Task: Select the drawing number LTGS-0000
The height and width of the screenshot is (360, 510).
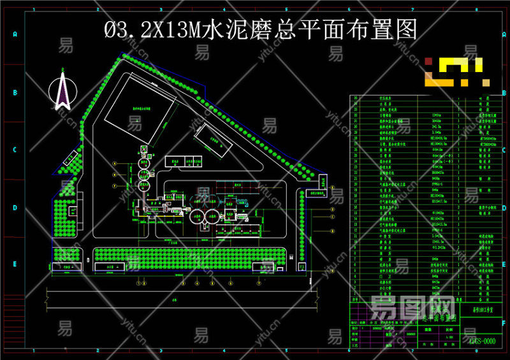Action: pos(479,342)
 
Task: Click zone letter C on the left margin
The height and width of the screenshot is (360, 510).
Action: pos(13,150)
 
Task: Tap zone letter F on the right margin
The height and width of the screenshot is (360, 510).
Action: pos(502,322)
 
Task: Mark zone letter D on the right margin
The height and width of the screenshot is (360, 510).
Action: pos(502,207)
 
